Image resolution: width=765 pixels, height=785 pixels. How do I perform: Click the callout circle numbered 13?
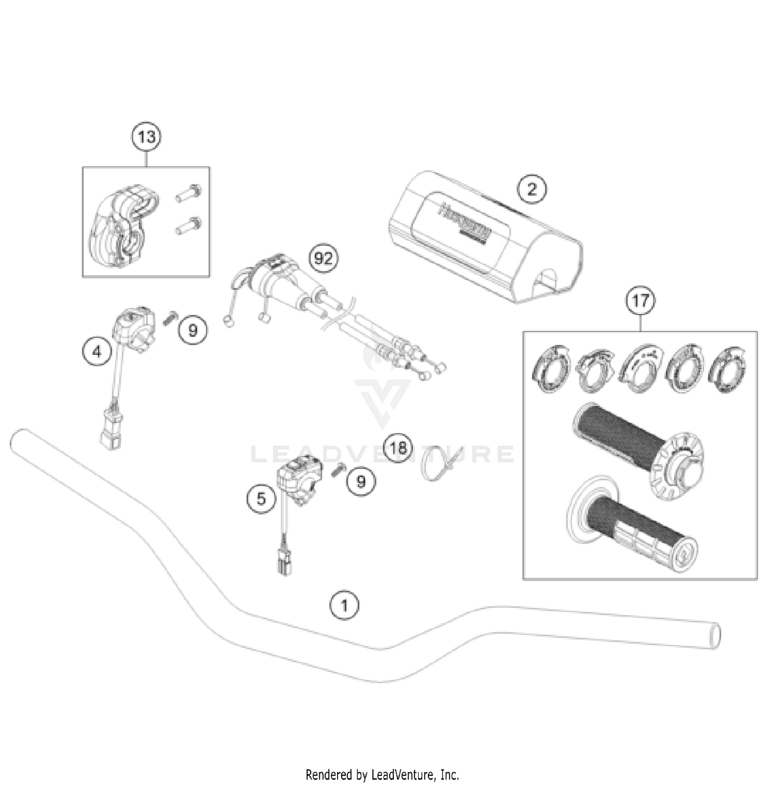click(146, 137)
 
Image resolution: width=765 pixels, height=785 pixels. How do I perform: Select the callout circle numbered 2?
click(531, 189)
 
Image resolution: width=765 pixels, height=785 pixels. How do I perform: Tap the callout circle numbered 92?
click(323, 259)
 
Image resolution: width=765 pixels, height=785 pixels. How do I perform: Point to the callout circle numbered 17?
click(641, 301)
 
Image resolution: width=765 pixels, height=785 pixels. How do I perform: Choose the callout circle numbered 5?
click(261, 498)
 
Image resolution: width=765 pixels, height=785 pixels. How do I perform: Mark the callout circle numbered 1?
click(344, 606)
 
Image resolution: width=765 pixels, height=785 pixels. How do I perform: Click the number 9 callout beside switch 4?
click(193, 331)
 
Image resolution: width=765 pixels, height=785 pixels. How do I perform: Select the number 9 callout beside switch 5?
click(361, 481)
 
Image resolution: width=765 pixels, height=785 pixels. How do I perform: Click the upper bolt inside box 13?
click(189, 193)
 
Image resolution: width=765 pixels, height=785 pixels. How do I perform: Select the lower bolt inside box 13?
click(189, 225)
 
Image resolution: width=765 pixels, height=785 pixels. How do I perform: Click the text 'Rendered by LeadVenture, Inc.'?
click(382, 774)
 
